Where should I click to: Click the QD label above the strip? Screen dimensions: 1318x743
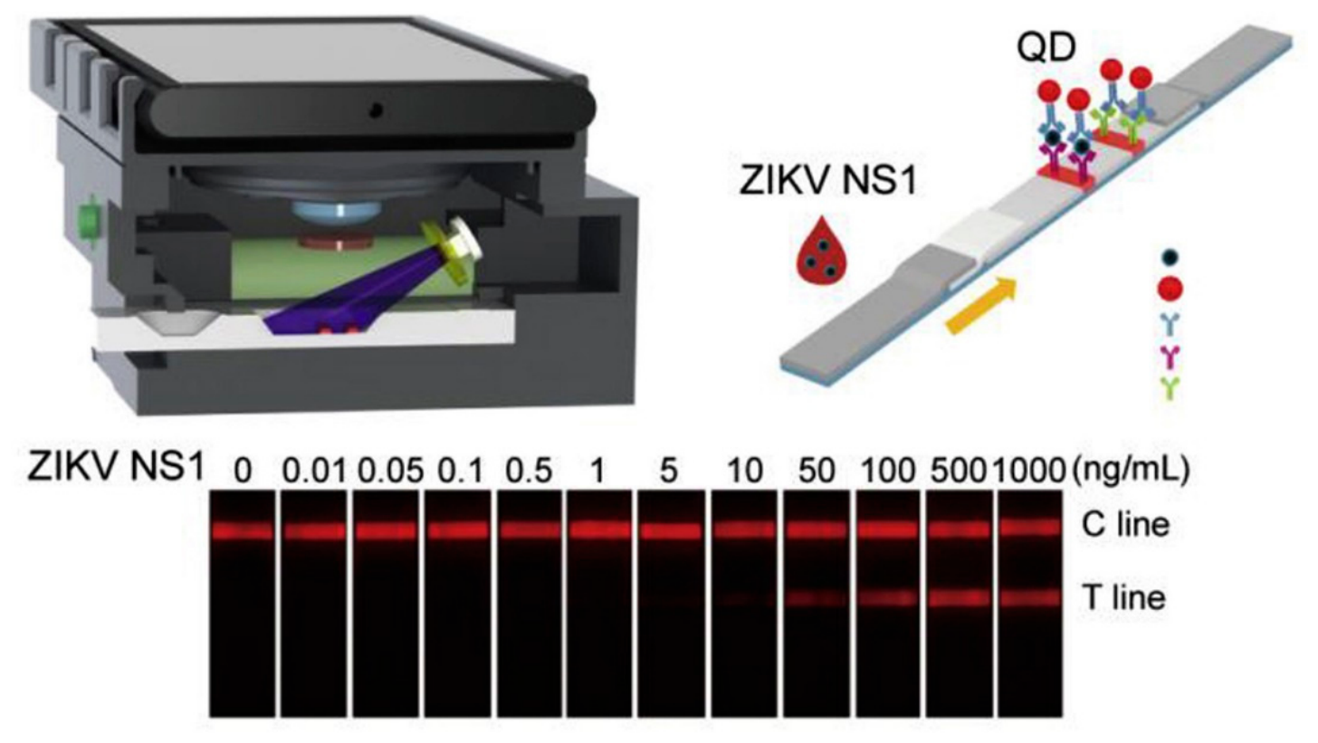click(1046, 49)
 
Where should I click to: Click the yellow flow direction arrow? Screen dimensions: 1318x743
click(980, 307)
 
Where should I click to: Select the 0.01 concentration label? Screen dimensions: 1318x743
click(313, 472)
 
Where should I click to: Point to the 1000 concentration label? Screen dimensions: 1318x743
click(1029, 472)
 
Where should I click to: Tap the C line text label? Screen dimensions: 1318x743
click(1125, 525)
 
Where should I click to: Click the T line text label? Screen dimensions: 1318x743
click(1124, 597)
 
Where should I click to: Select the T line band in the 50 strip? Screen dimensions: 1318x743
click(817, 599)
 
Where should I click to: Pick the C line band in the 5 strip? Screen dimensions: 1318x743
click(672, 530)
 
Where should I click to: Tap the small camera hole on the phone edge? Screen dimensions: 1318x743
click(376, 110)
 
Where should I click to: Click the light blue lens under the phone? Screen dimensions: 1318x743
click(336, 209)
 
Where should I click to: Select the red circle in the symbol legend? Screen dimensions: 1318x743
click(1170, 289)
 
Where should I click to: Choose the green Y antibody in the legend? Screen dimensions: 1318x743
click(1170, 388)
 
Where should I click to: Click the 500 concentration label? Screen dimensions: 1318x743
click(959, 472)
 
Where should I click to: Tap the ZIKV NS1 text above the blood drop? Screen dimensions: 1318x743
click(828, 181)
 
